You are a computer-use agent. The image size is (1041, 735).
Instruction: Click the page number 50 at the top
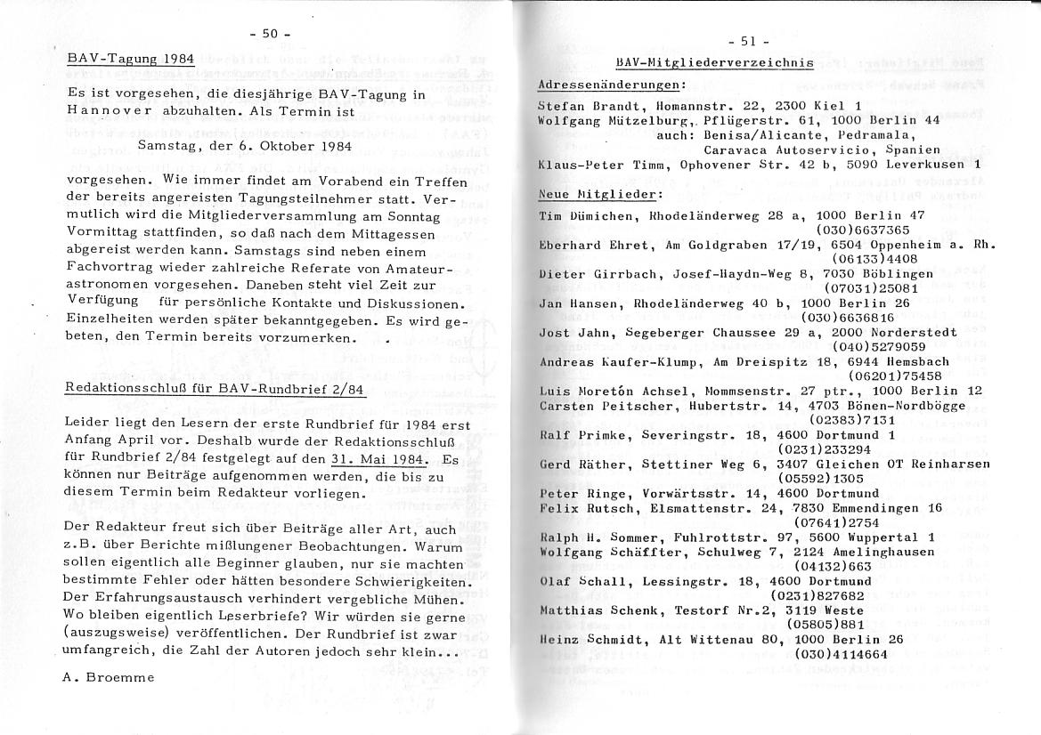point(270,34)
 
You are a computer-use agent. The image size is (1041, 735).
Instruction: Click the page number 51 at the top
point(747,41)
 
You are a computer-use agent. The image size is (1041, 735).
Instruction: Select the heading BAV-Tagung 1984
point(131,60)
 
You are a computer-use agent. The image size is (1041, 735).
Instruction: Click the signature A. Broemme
point(108,677)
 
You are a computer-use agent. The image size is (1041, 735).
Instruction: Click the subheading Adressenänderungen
point(611,85)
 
